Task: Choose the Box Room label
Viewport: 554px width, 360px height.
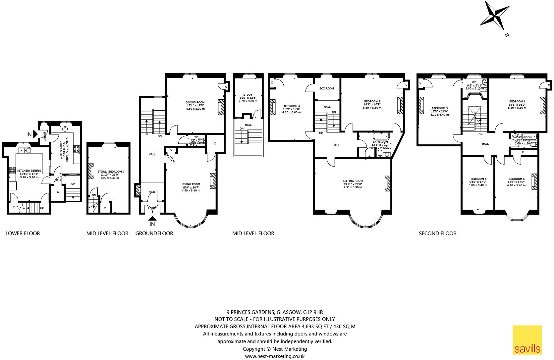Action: coord(326,88)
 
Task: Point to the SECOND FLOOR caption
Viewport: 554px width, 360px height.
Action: coord(437,233)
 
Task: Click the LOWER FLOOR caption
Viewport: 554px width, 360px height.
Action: coord(23,233)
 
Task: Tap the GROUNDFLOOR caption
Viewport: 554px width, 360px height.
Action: coord(154,233)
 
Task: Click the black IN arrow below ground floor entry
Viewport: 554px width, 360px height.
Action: coord(152,218)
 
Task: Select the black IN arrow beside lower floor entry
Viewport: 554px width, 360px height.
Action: coord(35,134)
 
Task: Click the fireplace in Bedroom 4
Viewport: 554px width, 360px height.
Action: coord(273,107)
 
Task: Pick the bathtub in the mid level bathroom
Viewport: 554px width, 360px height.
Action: coord(381,136)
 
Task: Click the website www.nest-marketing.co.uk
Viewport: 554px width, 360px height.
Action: coord(275,356)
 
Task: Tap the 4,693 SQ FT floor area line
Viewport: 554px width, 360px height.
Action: coord(275,326)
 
